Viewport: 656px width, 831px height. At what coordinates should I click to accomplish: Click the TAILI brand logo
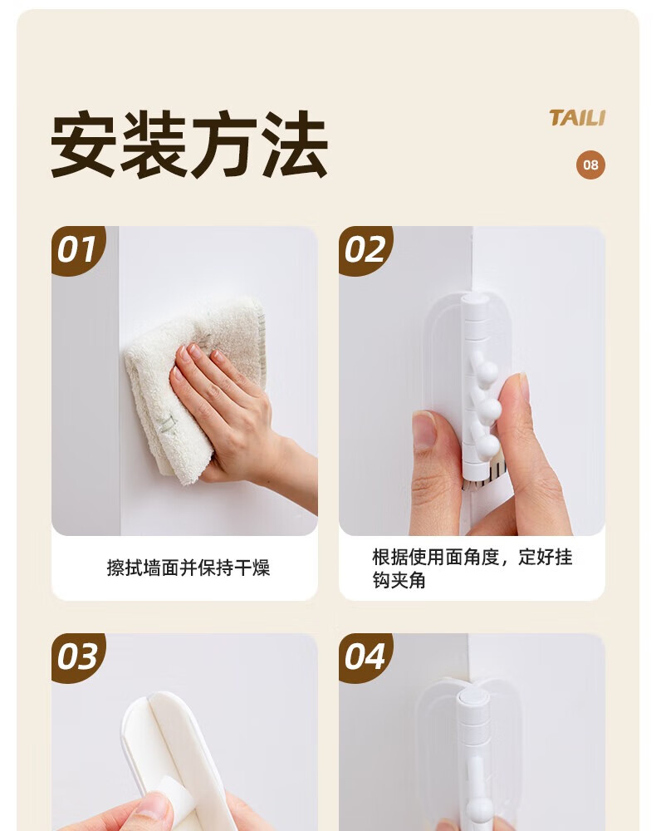click(x=576, y=118)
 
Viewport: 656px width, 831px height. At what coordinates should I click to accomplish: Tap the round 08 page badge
click(x=590, y=165)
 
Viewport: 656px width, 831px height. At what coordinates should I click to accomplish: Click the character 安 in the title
click(x=84, y=144)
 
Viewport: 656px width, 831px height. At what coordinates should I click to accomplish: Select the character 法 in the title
click(x=295, y=144)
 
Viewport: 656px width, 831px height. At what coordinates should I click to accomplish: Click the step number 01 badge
click(x=77, y=249)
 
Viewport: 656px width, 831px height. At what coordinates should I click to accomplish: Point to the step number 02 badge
click(x=365, y=249)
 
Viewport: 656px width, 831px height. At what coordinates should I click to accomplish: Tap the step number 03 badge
click(x=77, y=656)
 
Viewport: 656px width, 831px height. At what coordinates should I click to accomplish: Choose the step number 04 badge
click(x=365, y=656)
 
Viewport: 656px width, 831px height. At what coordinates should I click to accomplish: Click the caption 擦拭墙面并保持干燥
click(x=188, y=568)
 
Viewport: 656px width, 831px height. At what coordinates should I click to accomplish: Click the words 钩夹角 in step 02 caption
click(x=399, y=580)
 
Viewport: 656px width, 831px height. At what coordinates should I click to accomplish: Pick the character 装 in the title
click(x=154, y=144)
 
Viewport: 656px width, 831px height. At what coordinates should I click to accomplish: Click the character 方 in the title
click(x=224, y=144)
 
